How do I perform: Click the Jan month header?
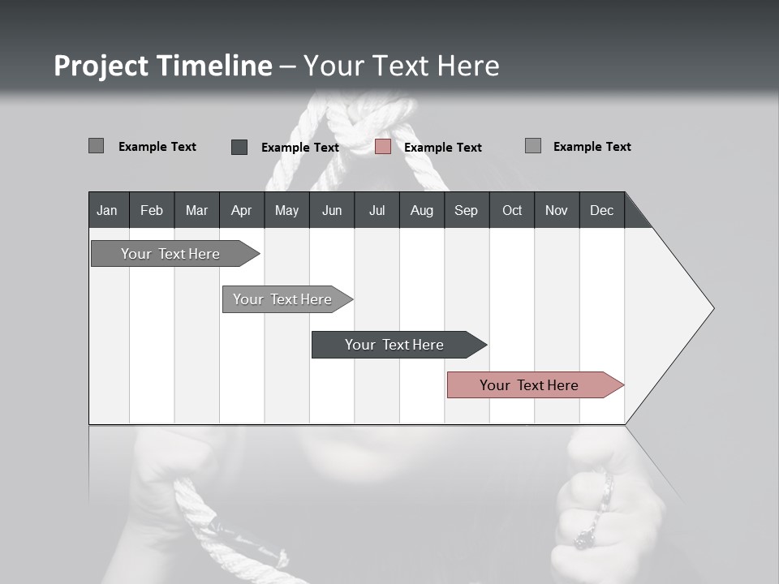[107, 210]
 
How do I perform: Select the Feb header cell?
[152, 210]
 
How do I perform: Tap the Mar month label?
[196, 210]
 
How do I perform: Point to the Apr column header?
[241, 210]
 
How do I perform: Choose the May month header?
[286, 210]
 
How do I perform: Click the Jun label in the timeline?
[332, 210]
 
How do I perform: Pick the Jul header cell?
[377, 210]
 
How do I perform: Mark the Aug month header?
[422, 210]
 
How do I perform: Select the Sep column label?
[466, 210]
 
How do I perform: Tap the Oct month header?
[512, 210]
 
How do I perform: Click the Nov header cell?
[557, 210]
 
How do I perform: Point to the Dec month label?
[601, 210]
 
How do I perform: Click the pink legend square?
[383, 147]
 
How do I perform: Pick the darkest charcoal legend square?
[239, 147]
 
